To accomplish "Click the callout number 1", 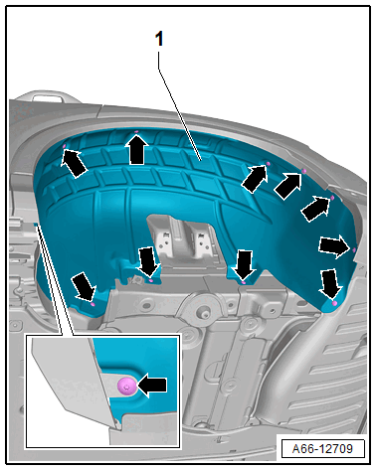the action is (159, 39).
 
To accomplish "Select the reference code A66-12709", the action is (322, 448).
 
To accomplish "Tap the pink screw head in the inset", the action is (127, 387).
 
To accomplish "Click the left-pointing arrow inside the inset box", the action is (152, 386).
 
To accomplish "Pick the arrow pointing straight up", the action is (137, 150).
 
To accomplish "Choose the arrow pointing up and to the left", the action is (75, 163).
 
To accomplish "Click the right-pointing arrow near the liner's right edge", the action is (334, 246).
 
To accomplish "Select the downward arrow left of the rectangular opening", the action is (147, 261).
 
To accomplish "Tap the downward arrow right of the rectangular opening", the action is (244, 265).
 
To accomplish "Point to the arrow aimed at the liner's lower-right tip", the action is (330, 283).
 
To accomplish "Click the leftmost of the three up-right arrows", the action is (255, 179).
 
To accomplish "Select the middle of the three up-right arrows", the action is (287, 186).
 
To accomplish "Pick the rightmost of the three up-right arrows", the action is (315, 209).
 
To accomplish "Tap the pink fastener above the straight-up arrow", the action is (136, 132).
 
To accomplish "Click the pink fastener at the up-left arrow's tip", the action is (65, 146).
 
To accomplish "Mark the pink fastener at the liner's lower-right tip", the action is (334, 303).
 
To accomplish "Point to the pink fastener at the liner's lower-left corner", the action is (93, 303).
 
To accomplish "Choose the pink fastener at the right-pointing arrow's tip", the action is (354, 249).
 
